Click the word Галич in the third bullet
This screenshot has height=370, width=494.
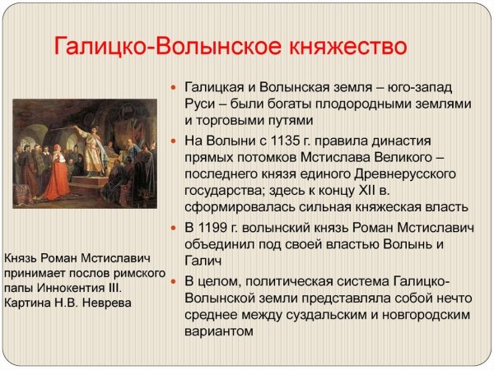pyautogui.click(x=203, y=261)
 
